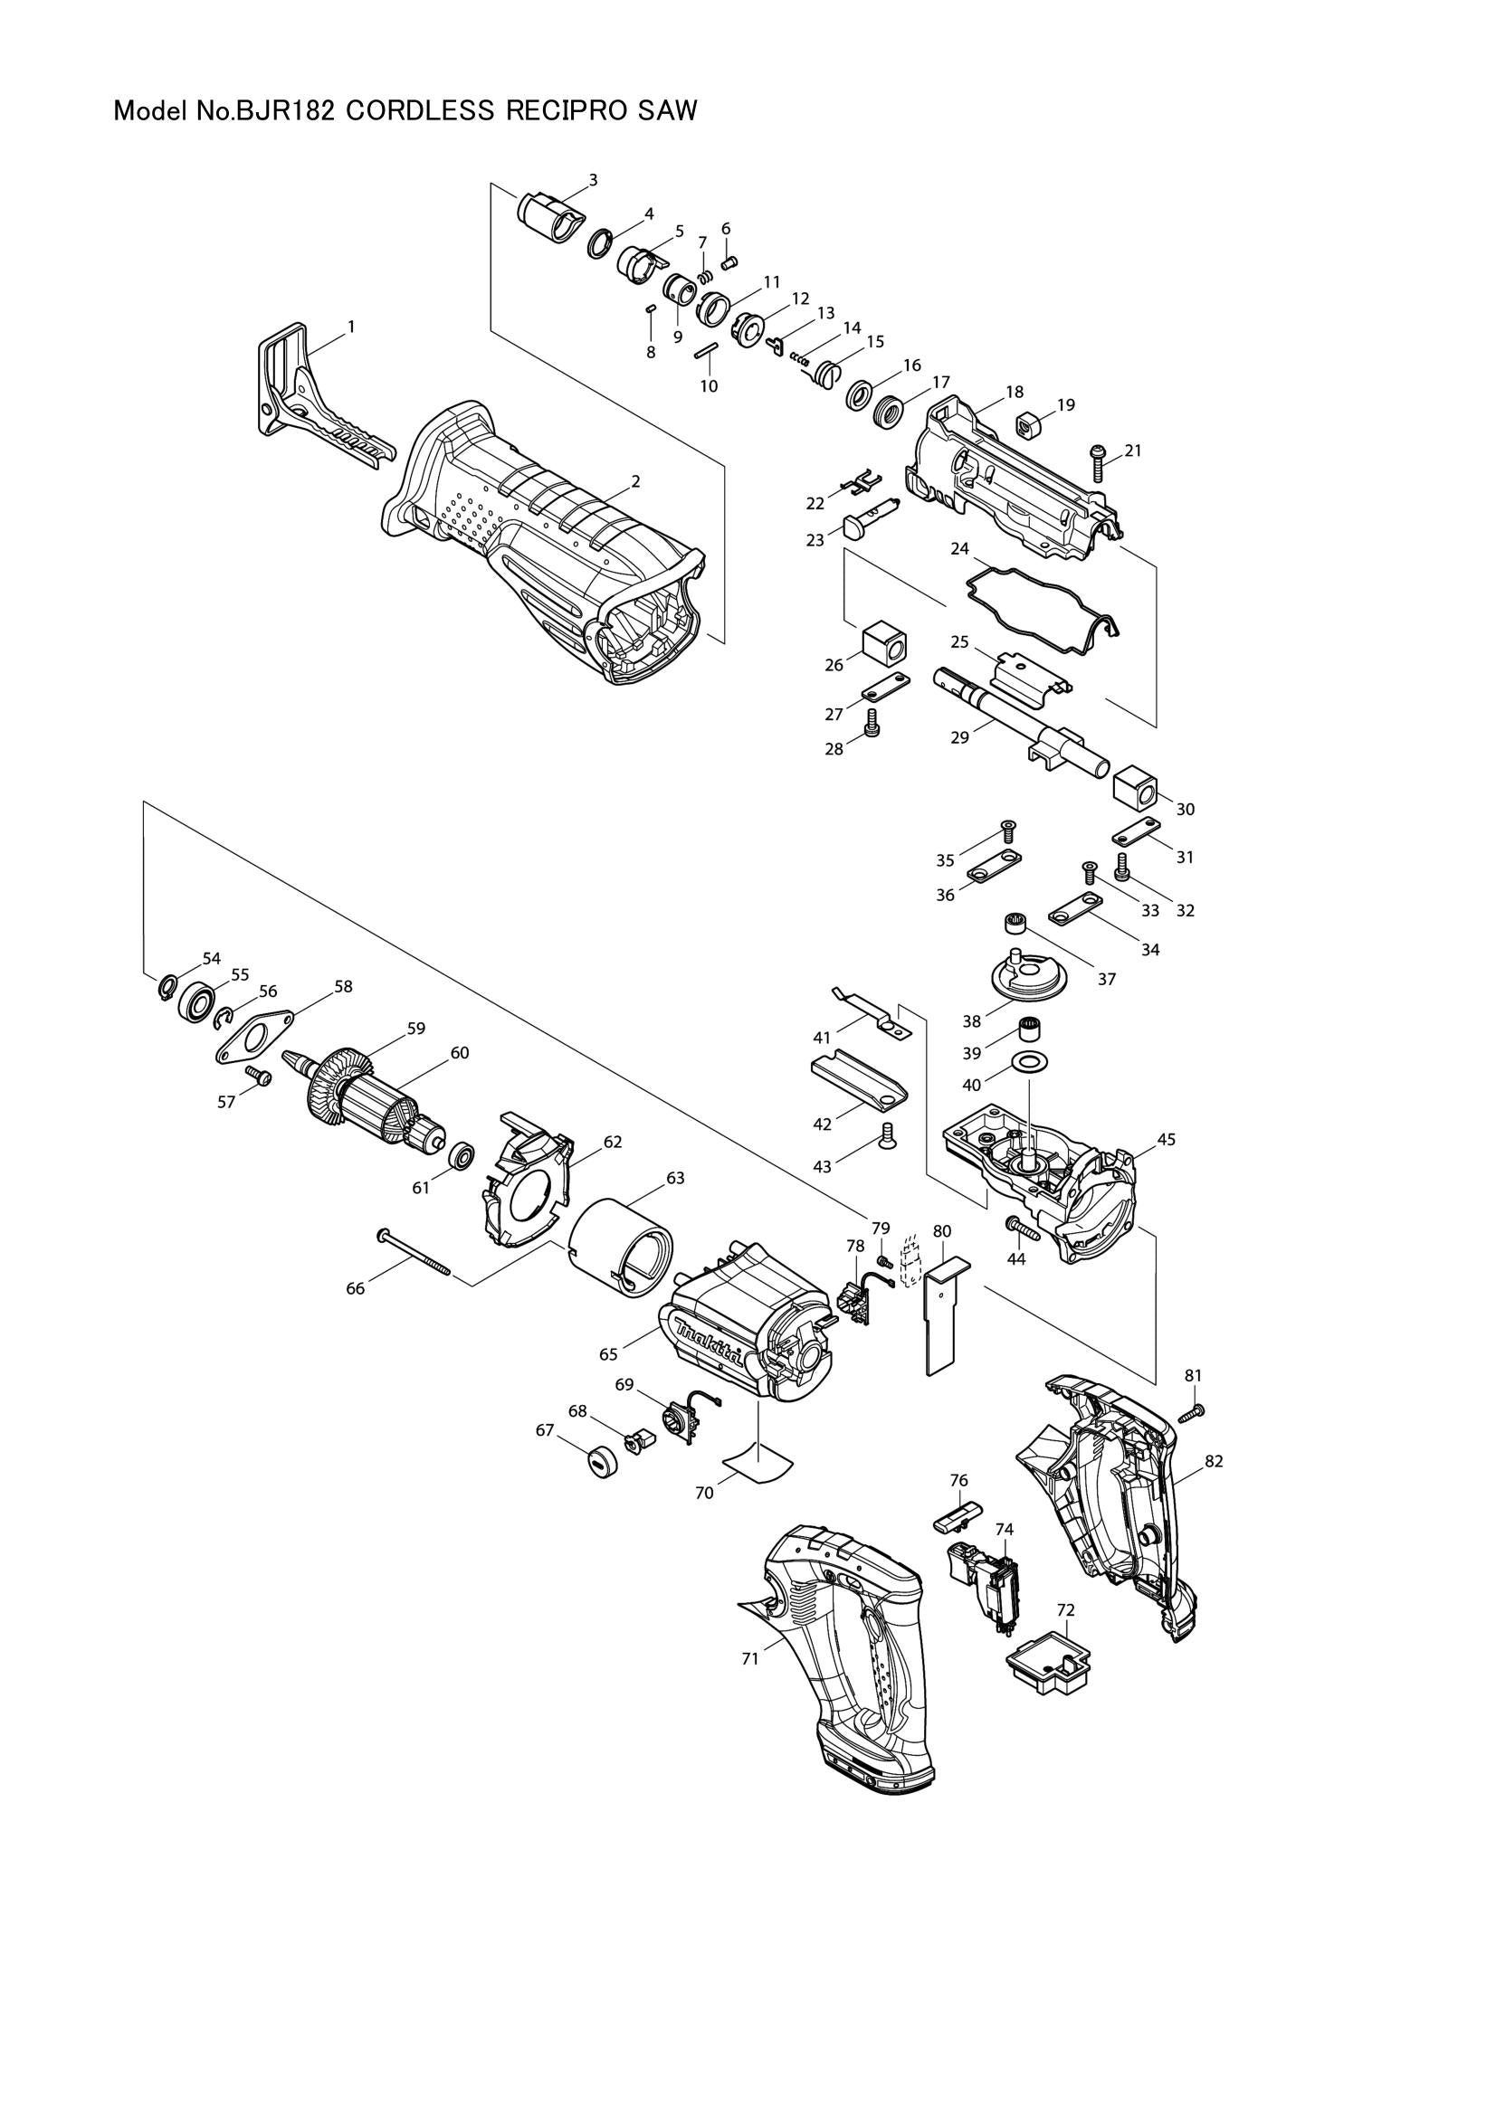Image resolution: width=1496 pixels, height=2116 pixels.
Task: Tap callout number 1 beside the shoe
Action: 351,327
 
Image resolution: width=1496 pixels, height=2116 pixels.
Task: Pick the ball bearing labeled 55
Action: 196,1001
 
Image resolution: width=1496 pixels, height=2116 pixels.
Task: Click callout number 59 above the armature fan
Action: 416,1029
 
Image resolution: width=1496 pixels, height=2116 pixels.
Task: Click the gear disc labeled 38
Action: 1027,977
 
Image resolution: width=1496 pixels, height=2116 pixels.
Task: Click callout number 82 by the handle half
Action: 1213,1462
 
